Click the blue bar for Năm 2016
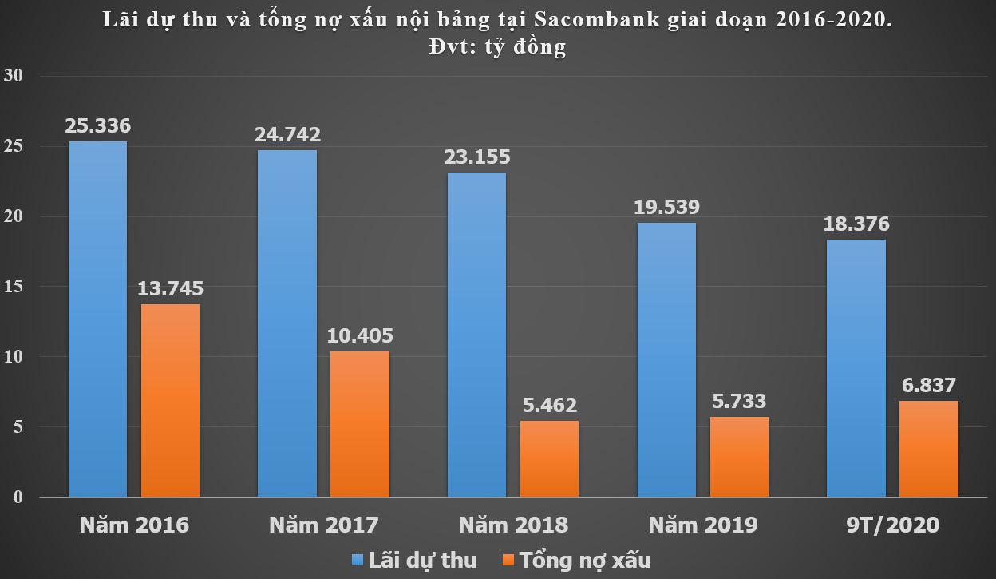pyautogui.click(x=97, y=319)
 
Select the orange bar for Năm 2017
pyautogui.click(x=360, y=424)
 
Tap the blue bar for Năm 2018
pyautogui.click(x=476, y=335)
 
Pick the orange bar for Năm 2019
pyautogui.click(x=739, y=457)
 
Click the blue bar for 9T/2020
pyautogui.click(x=856, y=368)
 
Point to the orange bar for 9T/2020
pyautogui.click(x=928, y=449)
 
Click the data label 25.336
pyautogui.click(x=98, y=126)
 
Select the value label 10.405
pyautogui.click(x=360, y=335)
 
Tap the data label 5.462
pyautogui.click(x=549, y=406)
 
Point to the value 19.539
pyautogui.click(x=666, y=208)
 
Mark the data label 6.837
pyautogui.click(x=928, y=385)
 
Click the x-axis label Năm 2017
pyautogui.click(x=323, y=525)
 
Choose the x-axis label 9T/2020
pyautogui.click(x=892, y=525)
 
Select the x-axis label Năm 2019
pyautogui.click(x=702, y=525)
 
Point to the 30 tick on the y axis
pyautogui.click(x=15, y=76)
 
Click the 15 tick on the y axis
pyautogui.click(x=15, y=287)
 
